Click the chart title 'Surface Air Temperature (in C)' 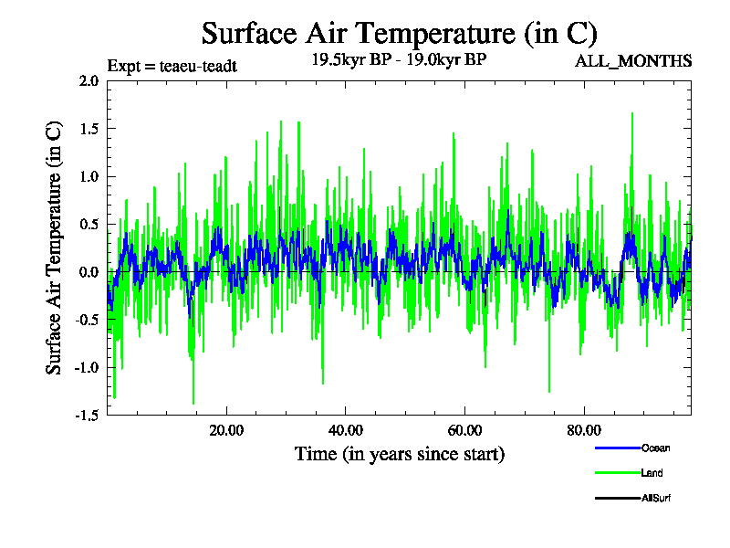(399, 34)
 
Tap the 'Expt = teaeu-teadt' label (172, 66)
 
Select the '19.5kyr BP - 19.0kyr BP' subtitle (400, 61)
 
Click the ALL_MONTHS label (632, 61)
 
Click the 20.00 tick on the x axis (226, 430)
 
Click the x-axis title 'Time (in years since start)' (400, 454)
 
